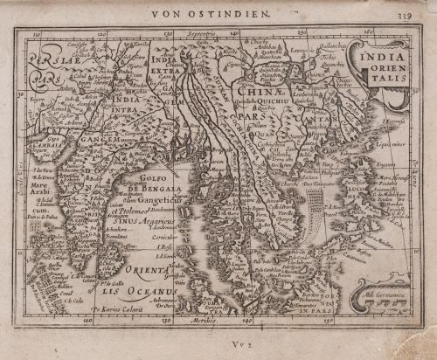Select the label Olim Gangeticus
coord(157,200)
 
